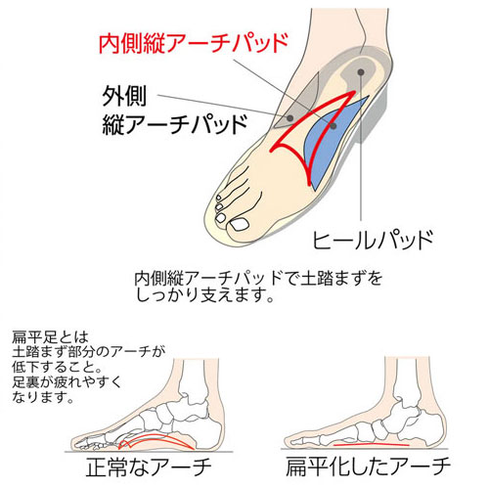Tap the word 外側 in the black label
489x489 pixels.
[x=124, y=96]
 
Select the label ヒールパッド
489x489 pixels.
[x=373, y=240]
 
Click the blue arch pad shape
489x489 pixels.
[x=330, y=144]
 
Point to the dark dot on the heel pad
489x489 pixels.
[x=360, y=72]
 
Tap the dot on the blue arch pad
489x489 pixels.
[x=333, y=126]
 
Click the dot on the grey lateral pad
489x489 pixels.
[x=289, y=117]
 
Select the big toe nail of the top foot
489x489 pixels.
[x=239, y=225]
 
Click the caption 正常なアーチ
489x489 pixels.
[x=149, y=467]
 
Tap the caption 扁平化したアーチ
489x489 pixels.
[x=369, y=467]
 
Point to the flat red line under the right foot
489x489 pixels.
[x=371, y=444]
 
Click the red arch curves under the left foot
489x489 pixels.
[x=156, y=442]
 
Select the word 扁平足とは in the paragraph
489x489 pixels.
[x=50, y=337]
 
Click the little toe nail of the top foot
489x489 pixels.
[x=219, y=198]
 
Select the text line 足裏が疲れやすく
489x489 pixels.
[x=67, y=382]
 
